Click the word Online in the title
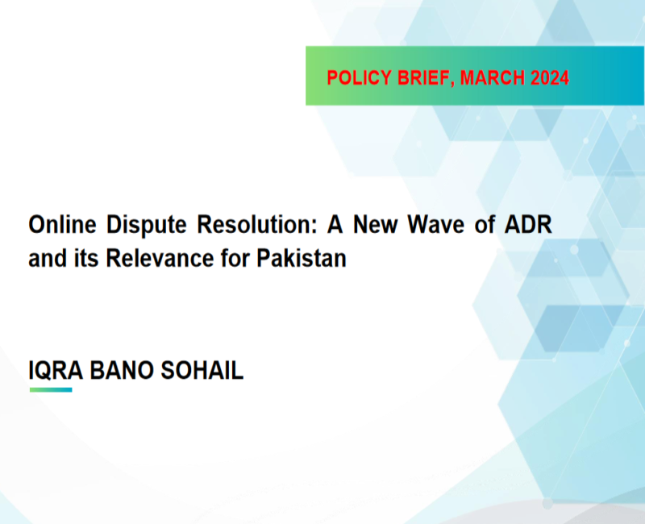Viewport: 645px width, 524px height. click(x=63, y=225)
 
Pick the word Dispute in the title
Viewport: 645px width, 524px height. click(x=147, y=226)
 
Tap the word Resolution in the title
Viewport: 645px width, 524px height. click(x=257, y=225)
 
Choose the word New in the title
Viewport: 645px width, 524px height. click(x=375, y=225)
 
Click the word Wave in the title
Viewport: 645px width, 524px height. click(x=435, y=225)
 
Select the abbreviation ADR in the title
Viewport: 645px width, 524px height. click(x=528, y=225)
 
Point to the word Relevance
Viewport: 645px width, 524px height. click(x=160, y=258)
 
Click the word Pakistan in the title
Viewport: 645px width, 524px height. click(x=302, y=258)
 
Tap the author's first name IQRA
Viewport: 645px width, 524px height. click(x=56, y=370)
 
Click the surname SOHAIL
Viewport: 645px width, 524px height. click(x=202, y=370)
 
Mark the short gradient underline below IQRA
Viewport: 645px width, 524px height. click(x=51, y=389)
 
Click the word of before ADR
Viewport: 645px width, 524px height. click(x=485, y=225)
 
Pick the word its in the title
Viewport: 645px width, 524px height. click(x=86, y=258)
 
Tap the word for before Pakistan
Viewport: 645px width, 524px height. click(x=235, y=258)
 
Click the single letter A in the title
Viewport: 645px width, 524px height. click(x=335, y=225)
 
